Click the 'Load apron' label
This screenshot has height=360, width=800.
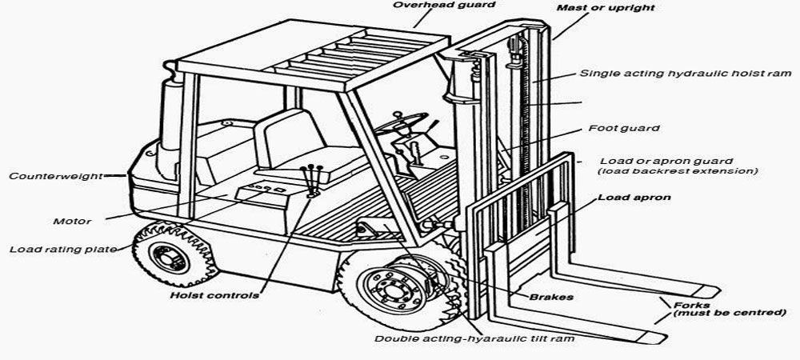coord(634,197)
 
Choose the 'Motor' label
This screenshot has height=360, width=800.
coord(72,221)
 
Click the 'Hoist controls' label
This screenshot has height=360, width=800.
coord(214,295)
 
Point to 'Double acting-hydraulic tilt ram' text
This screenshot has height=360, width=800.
coord(475,338)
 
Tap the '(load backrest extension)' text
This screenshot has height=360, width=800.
coord(677,171)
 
